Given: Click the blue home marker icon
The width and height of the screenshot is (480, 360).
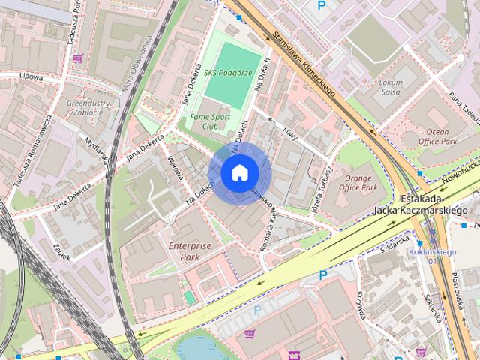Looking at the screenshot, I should click(x=238, y=173).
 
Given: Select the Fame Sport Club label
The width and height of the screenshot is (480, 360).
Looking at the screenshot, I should click(x=211, y=121).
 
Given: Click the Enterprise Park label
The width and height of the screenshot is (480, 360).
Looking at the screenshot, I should click(x=190, y=250).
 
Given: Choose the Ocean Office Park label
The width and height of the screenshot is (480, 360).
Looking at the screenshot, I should click(x=437, y=136).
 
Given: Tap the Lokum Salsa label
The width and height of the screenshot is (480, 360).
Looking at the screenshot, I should click(x=391, y=86).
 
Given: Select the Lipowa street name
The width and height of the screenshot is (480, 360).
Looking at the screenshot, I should click(x=31, y=76).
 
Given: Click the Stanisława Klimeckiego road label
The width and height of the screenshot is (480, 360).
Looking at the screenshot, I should click(x=304, y=65).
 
